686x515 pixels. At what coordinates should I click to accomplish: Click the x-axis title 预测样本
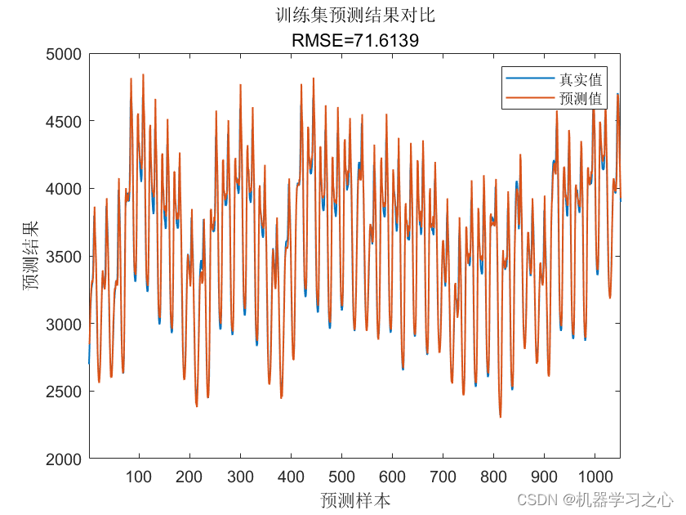click(354, 499)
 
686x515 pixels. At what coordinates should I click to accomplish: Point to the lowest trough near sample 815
click(501, 417)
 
